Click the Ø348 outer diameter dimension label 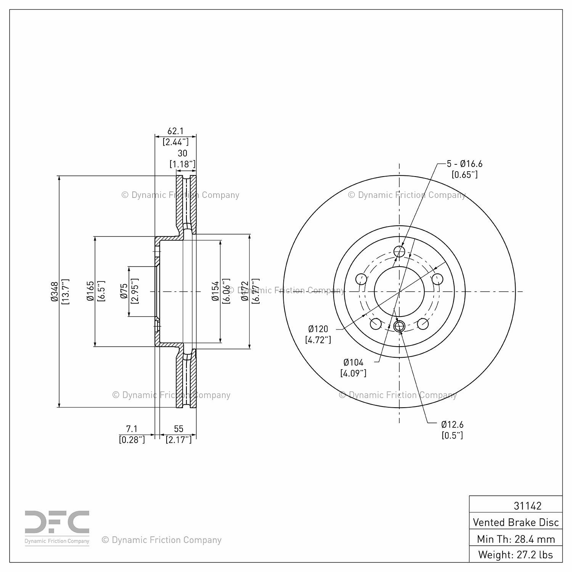[x=54, y=291]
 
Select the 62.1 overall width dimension [x=175, y=131]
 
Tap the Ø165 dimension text [x=90, y=291]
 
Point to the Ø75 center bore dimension [x=124, y=291]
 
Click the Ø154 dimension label [x=215, y=291]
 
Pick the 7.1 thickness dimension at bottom [x=132, y=429]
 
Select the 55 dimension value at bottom [x=178, y=429]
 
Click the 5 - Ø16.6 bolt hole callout [x=464, y=164]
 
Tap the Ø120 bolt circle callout [x=318, y=329]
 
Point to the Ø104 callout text [x=353, y=362]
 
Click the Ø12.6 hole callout [x=452, y=424]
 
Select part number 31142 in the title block [x=528, y=506]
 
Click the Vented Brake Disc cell [x=516, y=522]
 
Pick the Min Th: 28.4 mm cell [x=516, y=539]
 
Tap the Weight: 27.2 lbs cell [x=516, y=554]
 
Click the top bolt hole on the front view [x=399, y=252]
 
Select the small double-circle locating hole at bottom [x=399, y=326]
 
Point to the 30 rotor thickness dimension [x=183, y=153]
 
